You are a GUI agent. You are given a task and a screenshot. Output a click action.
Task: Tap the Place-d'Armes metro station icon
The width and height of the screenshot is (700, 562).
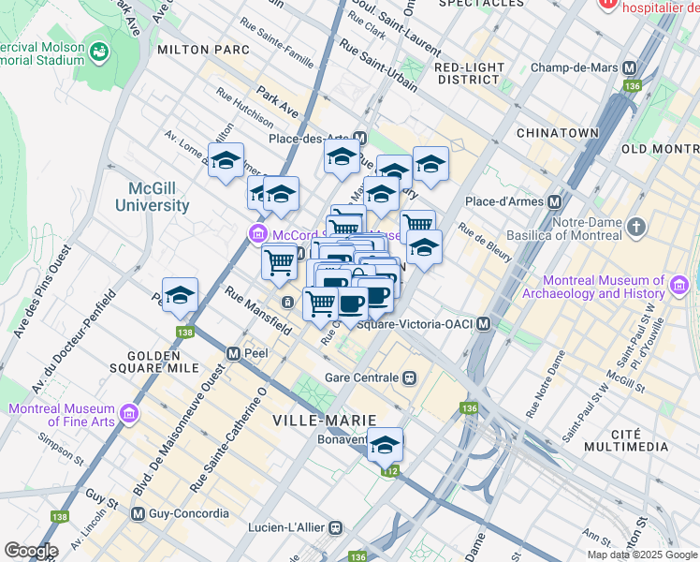[x=555, y=202]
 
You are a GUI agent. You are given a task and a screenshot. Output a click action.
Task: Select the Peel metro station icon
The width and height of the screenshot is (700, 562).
[x=234, y=353]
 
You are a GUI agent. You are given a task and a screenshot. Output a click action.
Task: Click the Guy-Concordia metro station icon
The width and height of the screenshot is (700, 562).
[x=139, y=513]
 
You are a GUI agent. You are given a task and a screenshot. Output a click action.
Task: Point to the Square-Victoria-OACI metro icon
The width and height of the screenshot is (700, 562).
[x=483, y=324]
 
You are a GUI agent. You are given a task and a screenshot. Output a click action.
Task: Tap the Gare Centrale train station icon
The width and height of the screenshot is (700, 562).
[x=409, y=377]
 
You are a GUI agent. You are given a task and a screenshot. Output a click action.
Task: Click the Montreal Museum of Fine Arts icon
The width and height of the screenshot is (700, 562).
[x=129, y=412]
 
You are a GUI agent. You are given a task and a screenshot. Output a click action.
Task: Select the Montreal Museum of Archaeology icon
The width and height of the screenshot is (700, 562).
[x=680, y=283]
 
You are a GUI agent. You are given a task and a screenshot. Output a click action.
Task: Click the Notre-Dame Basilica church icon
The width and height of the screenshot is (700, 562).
[x=636, y=227]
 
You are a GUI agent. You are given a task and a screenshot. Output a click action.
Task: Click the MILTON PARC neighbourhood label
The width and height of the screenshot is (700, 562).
[x=203, y=49]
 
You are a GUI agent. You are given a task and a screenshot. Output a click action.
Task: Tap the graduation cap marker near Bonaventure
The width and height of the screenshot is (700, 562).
[x=385, y=446]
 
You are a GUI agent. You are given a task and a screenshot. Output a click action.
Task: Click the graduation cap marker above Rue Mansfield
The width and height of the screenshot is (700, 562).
[x=180, y=295]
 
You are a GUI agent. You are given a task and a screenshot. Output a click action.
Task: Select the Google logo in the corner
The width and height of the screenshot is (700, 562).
[x=31, y=550]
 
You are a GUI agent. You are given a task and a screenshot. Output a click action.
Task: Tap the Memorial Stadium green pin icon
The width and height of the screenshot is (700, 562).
[x=98, y=50]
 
